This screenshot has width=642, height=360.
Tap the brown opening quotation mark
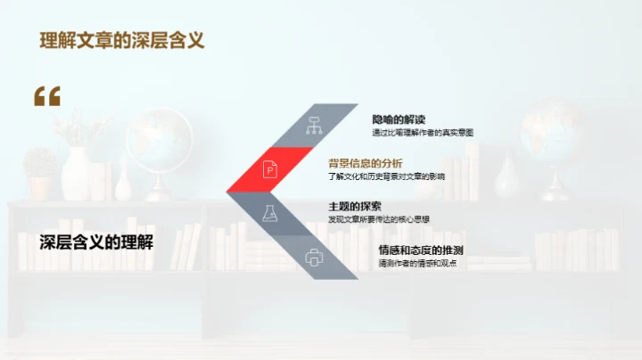click(x=47, y=97)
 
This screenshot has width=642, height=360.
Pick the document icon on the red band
click(x=269, y=168)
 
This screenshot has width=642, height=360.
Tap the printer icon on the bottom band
click(x=314, y=258)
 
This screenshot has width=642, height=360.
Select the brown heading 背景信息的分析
click(x=366, y=163)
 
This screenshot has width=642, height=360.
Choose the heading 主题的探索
click(x=355, y=206)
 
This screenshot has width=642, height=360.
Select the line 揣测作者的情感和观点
click(x=417, y=263)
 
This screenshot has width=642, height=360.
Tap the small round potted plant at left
click(x=40, y=169)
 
